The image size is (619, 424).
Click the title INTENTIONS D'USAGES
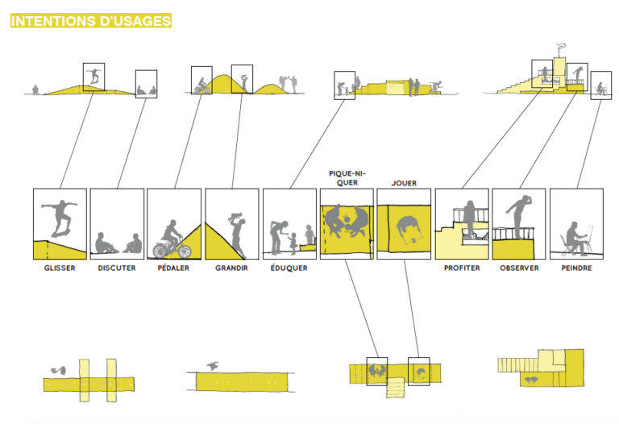(90, 21)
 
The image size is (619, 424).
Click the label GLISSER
(60, 268)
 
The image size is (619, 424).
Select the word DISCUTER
(117, 268)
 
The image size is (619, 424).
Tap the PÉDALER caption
(173, 268)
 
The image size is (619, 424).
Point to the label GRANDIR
(231, 268)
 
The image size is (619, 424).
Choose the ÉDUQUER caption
(289, 268)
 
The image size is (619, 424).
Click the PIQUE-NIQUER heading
(346, 177)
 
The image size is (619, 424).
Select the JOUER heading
(403, 183)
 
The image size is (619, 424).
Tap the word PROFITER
(462, 268)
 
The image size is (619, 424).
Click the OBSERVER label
(519, 268)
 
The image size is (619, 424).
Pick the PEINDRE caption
(576, 268)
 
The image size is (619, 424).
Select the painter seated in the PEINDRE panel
(573, 236)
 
